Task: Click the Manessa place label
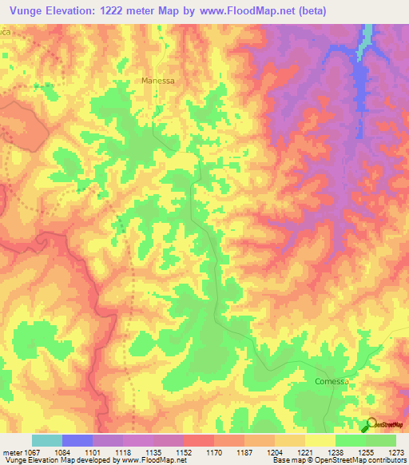coord(157,81)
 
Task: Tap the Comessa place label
coord(332,381)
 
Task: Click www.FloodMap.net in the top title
coord(244,9)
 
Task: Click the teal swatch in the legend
coord(47,440)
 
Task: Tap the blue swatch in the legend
coord(77,440)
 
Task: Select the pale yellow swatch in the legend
coord(320,440)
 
